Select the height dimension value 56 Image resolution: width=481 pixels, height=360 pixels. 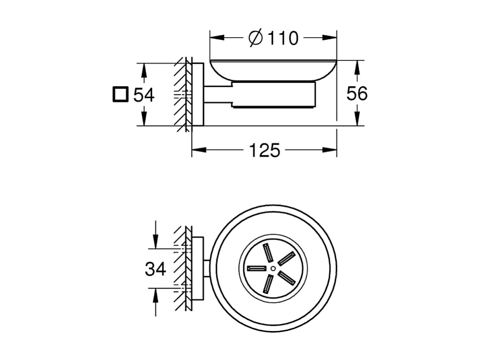tap(356, 94)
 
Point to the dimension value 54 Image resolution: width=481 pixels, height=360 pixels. tap(143, 95)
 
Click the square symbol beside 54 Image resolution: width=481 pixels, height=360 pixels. tap(120, 95)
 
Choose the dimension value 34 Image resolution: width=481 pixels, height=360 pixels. tap(155, 269)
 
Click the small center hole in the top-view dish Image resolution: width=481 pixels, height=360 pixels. tap(273, 268)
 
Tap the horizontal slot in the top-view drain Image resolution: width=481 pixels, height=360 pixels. tap(256, 268)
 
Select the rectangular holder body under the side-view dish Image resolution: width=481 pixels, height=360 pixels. tap(273, 95)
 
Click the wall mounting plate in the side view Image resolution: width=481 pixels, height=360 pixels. tap(197, 95)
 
